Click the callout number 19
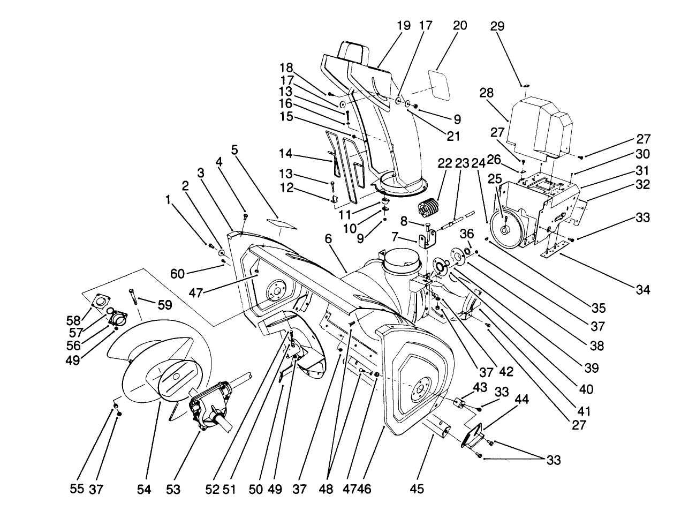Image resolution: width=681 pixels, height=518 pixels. tap(404, 26)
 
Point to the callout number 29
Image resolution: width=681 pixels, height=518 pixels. tap(498, 26)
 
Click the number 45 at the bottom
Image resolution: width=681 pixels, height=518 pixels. tap(417, 488)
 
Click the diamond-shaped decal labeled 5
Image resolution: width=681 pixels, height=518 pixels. tap(282, 223)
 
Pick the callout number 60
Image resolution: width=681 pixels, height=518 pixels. tap(177, 274)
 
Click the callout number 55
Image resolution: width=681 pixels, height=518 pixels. tap(78, 488)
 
